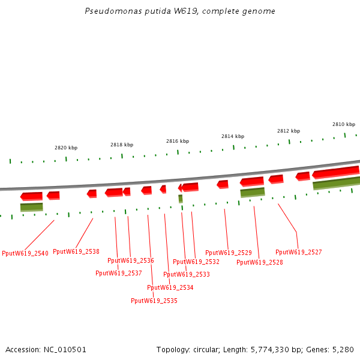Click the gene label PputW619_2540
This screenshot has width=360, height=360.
pyautogui.click(x=25, y=254)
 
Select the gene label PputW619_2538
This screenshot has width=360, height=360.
pyautogui.click(x=76, y=252)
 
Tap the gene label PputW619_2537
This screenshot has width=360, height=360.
pyautogui.click(x=119, y=274)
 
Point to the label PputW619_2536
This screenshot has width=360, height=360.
pyautogui.click(x=131, y=261)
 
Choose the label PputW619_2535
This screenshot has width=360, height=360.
pyautogui.click(x=154, y=301)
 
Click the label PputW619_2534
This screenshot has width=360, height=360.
pyautogui.click(x=170, y=288)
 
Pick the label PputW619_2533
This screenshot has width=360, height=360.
pyautogui.click(x=187, y=275)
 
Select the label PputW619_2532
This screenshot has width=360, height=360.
pyautogui.click(x=196, y=262)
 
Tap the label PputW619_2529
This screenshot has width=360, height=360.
pyautogui.click(x=229, y=253)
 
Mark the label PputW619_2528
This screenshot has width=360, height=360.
pyautogui.click(x=260, y=263)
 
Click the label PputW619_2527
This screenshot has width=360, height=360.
pyautogui.click(x=299, y=253)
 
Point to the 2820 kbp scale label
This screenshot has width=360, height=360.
pyautogui.click(x=66, y=148)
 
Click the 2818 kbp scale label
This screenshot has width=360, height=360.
pyautogui.click(x=122, y=145)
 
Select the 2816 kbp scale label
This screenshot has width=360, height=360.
pyautogui.click(x=178, y=141)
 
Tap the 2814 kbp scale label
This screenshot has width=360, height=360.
pyautogui.click(x=233, y=136)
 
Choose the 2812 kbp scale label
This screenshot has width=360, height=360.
pyautogui.click(x=289, y=131)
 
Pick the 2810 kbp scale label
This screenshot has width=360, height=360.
pyautogui.click(x=344, y=124)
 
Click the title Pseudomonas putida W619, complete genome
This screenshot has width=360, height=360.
pyautogui.click(x=180, y=11)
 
